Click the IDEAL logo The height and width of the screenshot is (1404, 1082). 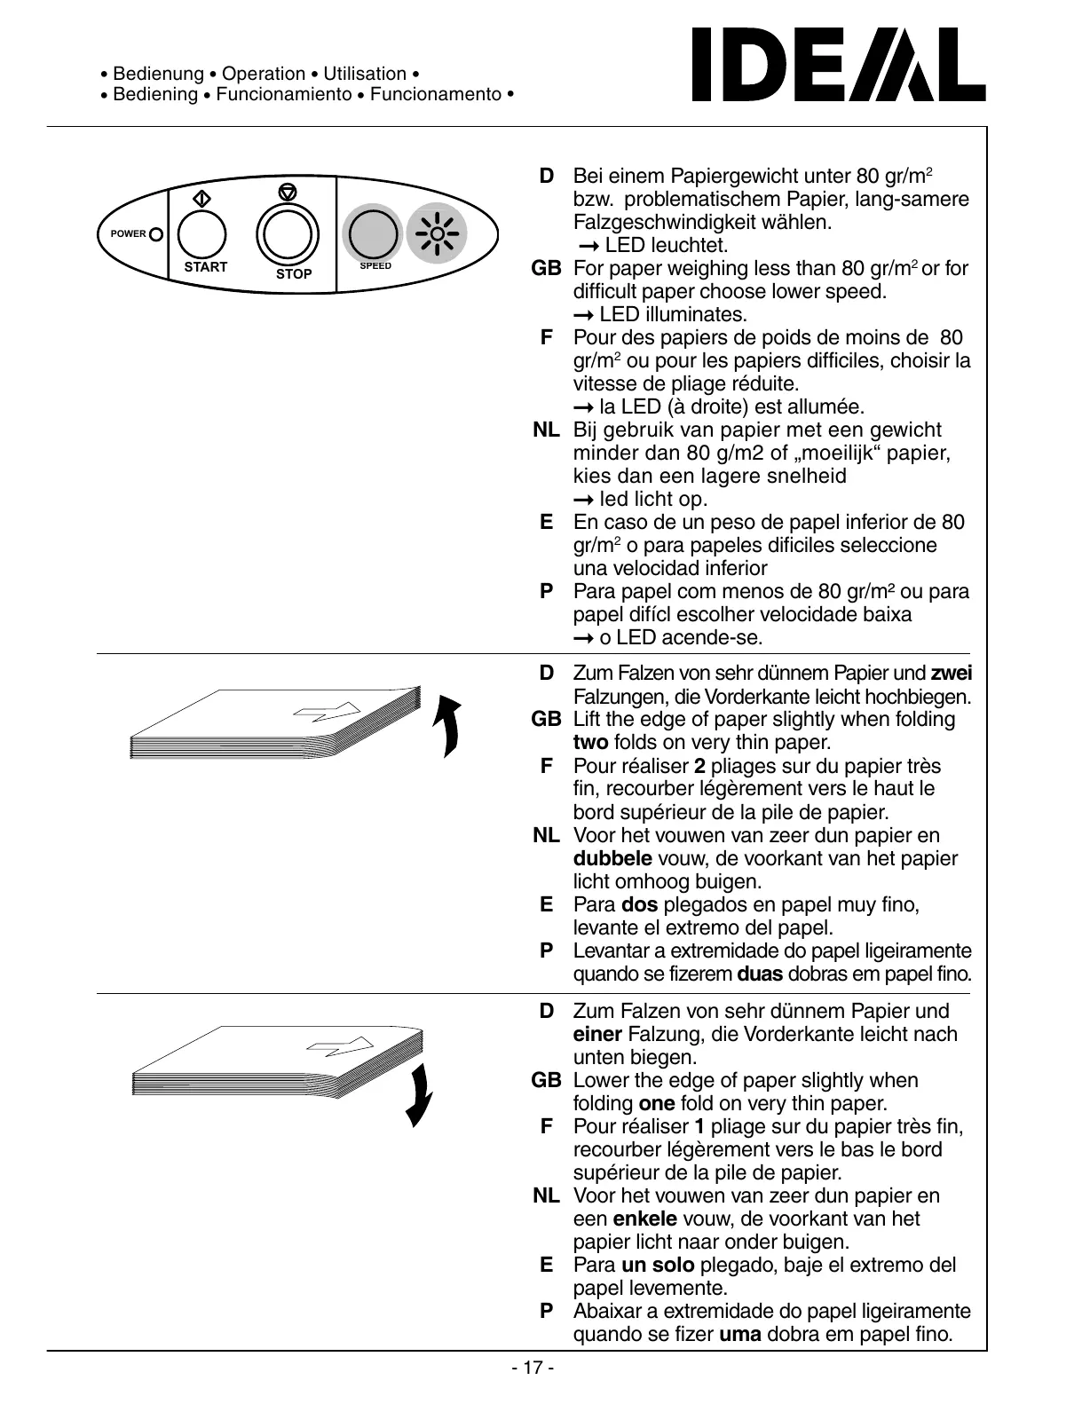pyautogui.click(x=838, y=65)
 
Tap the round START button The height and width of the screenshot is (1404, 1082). pyautogui.click(x=202, y=234)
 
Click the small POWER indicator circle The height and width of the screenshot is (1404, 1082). pyautogui.click(x=156, y=234)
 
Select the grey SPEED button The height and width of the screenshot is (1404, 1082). pyautogui.click(x=372, y=233)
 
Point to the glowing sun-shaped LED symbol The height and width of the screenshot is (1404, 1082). pyautogui.click(x=437, y=234)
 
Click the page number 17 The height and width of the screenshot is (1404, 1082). pyautogui.click(x=533, y=1368)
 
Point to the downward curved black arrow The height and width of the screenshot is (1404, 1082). pyautogui.click(x=419, y=1094)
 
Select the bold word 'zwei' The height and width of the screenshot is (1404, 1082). pyautogui.click(x=951, y=674)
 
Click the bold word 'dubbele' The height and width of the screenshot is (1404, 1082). pyautogui.click(x=612, y=859)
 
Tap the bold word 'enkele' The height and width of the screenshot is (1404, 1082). pyautogui.click(x=645, y=1219)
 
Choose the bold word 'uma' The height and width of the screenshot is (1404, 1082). pyautogui.click(x=740, y=1335)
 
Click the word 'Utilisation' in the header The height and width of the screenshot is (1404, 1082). pyautogui.click(x=365, y=74)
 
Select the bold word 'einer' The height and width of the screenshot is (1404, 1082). pyautogui.click(x=597, y=1035)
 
